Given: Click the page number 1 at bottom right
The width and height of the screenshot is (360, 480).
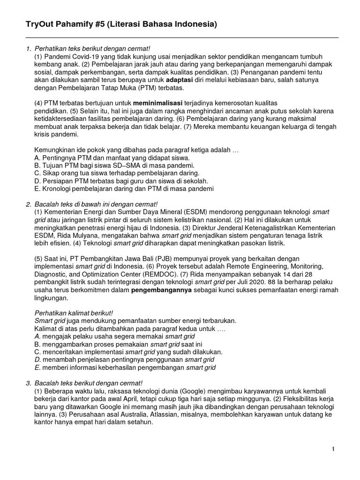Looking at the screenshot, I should (333, 449).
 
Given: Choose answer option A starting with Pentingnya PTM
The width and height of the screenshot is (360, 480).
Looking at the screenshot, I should (112, 158).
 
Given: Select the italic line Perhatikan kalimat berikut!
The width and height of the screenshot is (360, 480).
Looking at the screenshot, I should (74, 313).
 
